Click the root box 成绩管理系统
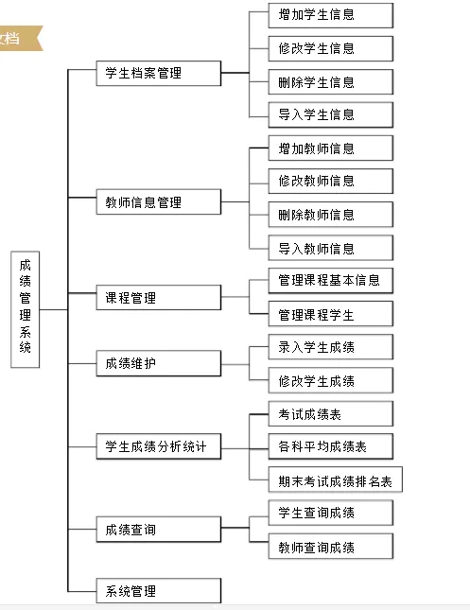(x=25, y=309)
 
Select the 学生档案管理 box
(x=158, y=73)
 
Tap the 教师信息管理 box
(x=158, y=201)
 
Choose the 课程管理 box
(x=158, y=298)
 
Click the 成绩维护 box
(x=158, y=363)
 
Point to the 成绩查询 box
(x=158, y=530)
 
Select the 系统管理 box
(x=158, y=591)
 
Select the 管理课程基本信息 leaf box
(x=329, y=281)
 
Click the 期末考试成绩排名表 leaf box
(x=335, y=480)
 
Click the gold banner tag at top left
(x=17, y=39)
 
